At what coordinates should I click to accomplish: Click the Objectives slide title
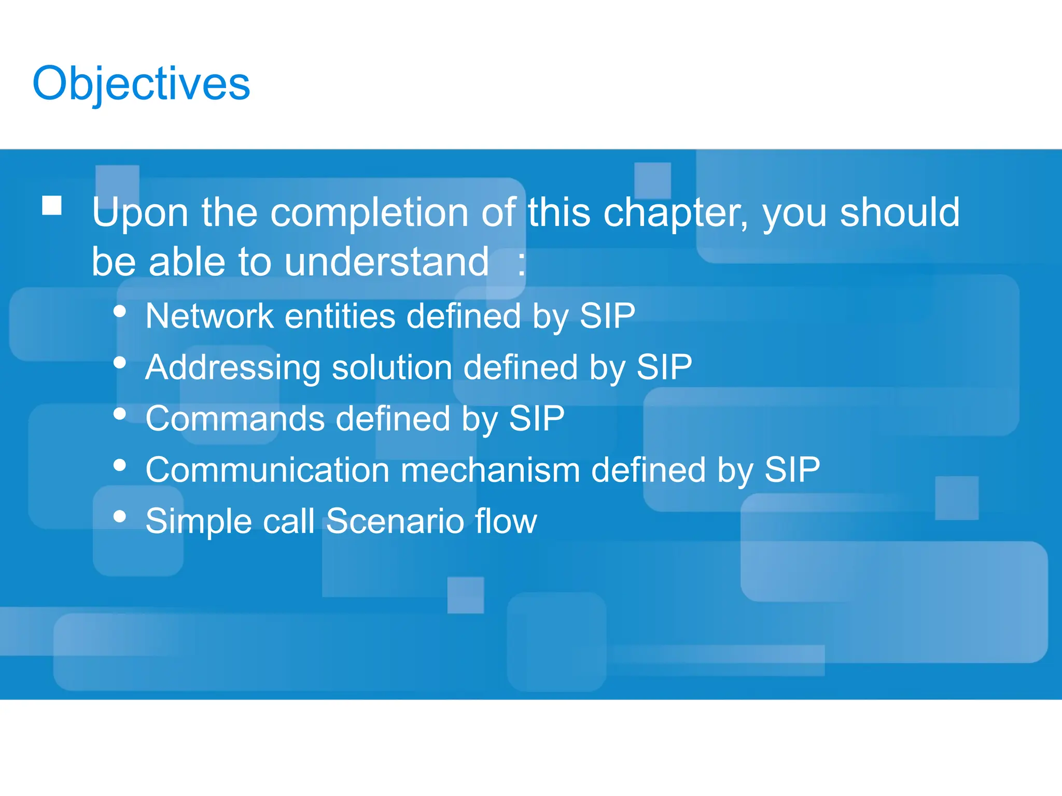(141, 84)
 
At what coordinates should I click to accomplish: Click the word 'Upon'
(139, 213)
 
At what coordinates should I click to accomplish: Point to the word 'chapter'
(675, 213)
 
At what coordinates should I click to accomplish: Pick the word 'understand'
(386, 262)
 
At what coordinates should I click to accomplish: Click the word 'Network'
(209, 316)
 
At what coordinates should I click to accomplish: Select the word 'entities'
(340, 316)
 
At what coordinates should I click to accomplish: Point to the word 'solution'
(392, 367)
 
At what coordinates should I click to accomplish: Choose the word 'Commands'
(235, 419)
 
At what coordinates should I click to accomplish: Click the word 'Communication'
(267, 470)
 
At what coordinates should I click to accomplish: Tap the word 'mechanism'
(490, 470)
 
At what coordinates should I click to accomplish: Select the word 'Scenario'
(395, 521)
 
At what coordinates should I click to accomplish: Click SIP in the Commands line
(536, 419)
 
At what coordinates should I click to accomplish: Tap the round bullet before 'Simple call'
(120, 516)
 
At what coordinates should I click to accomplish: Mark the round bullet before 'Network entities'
(120, 311)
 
